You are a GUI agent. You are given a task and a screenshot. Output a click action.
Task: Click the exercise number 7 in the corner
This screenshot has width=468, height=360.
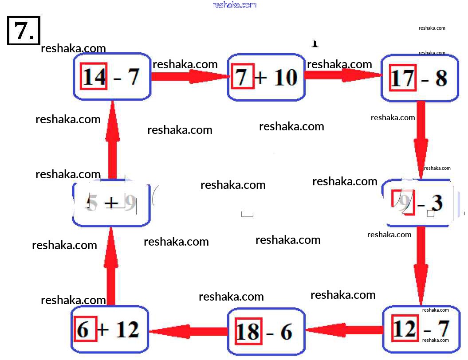[x=24, y=30]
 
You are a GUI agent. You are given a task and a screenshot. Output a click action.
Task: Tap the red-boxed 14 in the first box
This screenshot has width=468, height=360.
[x=94, y=77]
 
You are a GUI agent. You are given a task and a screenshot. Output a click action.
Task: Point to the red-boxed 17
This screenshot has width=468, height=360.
[x=402, y=78]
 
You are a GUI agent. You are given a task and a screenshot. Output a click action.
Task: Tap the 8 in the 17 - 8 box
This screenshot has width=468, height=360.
[x=440, y=78]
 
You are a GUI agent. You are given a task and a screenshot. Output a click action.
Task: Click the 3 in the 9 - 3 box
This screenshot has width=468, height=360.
[x=437, y=203]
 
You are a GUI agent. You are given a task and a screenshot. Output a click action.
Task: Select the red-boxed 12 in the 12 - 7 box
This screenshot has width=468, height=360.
[x=405, y=329]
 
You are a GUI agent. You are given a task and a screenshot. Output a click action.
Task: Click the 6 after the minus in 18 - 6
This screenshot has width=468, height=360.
[x=286, y=332]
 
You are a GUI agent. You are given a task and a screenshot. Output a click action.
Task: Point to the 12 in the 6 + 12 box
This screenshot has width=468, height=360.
[x=127, y=329]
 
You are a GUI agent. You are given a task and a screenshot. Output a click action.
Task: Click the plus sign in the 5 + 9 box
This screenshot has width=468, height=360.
[x=111, y=203]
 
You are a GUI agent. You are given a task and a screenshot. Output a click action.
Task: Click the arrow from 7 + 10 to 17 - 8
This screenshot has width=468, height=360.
[x=344, y=75]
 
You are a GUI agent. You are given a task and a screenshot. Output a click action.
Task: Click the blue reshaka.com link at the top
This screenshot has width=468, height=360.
[x=234, y=5]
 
